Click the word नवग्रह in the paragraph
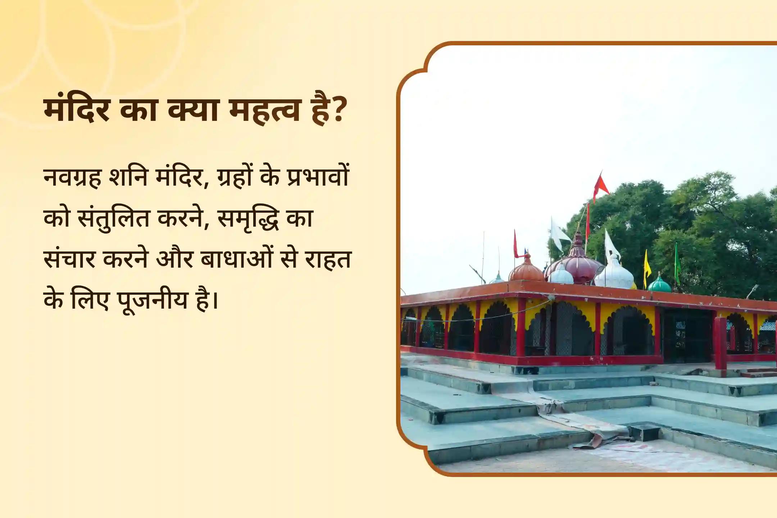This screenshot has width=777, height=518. [x=72, y=177]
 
